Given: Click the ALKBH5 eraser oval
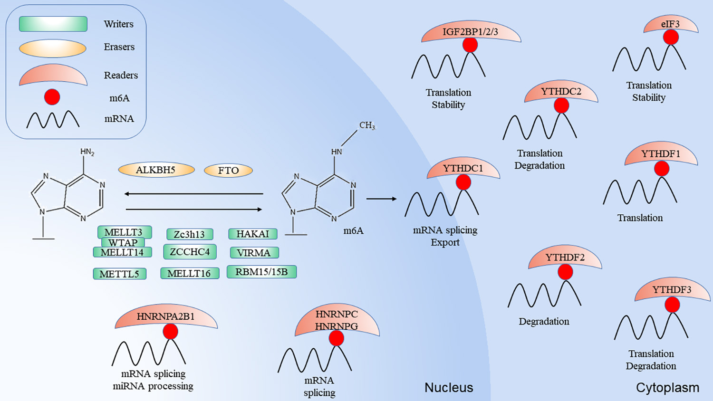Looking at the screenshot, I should point(156,170).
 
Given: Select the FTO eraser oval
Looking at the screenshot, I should point(228,171).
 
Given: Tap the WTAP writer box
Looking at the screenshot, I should point(123,242).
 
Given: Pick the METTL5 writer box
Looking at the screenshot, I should point(119,274).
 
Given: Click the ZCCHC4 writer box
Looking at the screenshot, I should point(190,252).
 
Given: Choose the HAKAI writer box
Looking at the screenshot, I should point(252,234).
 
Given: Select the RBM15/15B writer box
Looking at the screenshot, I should point(261,272).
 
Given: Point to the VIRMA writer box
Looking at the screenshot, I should point(254,253).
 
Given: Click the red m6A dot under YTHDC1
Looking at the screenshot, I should point(463,182).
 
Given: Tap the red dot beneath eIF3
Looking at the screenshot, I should point(671,37).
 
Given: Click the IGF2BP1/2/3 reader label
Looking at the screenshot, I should point(470,32).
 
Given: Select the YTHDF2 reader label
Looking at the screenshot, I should point(565,258).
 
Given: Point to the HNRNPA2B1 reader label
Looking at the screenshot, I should point(165,316).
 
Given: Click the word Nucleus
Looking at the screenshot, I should point(449,388).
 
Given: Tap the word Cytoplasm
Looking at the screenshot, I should point(667,388).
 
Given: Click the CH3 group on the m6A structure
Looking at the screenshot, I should point(367,125).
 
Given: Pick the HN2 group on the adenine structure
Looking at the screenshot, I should point(87,152).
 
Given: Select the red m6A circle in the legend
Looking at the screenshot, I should point(52,97).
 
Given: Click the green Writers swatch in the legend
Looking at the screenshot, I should point(53,24).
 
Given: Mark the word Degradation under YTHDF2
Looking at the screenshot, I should point(544,322).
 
